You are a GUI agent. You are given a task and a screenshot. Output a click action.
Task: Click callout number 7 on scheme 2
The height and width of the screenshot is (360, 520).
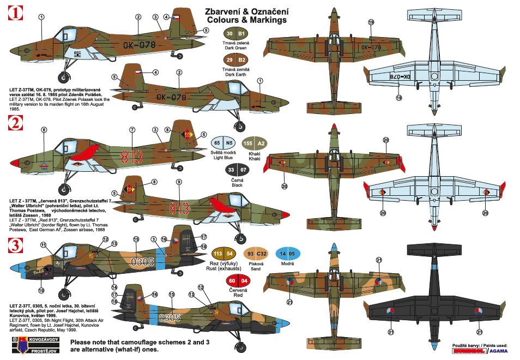tap(132, 130)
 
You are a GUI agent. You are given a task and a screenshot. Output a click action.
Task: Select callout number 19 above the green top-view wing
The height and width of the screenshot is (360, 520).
tap(371, 22)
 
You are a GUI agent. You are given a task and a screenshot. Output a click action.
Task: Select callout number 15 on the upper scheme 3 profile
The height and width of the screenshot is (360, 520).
tap(136, 239)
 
